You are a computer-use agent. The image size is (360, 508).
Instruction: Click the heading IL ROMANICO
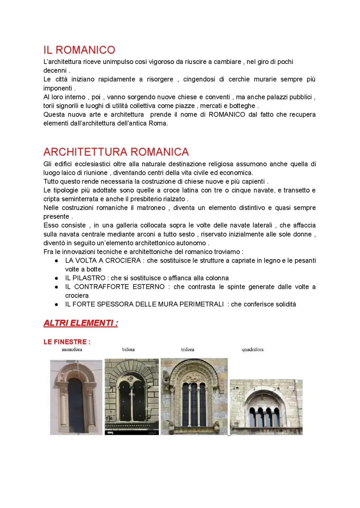coord(79,50)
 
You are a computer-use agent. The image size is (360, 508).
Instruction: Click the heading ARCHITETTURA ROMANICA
coord(116,152)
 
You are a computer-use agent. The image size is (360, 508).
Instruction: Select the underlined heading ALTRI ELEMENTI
coord(80,323)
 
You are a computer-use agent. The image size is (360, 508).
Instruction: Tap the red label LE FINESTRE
coord(67,342)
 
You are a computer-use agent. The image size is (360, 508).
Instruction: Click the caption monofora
coord(72,349)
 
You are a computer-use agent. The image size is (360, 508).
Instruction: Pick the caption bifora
coord(128,349)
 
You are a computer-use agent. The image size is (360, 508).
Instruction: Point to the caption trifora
coord(187,349)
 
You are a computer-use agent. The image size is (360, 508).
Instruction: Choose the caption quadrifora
coord(252,349)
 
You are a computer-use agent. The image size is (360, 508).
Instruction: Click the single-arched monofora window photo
coord(76,397)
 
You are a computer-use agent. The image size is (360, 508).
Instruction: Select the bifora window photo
coord(132,396)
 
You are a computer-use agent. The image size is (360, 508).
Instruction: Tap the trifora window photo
coord(194,396)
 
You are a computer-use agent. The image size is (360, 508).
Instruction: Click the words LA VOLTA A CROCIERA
coord(103,260)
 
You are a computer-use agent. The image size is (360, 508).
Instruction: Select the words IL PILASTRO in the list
coord(85,278)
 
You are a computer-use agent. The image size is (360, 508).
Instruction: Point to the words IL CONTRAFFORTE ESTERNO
coord(115,287)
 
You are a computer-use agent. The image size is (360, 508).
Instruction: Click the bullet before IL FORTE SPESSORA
coord(57,304)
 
